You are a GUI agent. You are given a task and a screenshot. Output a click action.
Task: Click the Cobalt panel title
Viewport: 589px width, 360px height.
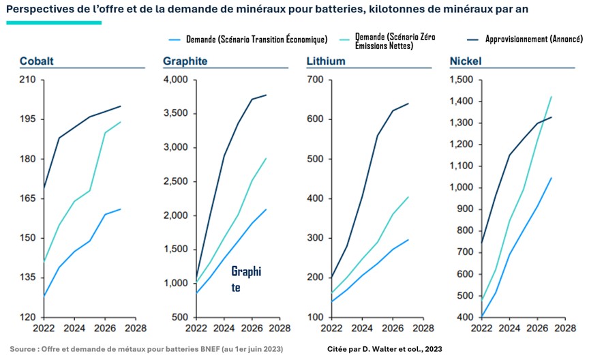pyautogui.click(x=37, y=61)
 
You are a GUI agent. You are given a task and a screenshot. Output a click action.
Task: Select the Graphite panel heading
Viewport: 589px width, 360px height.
pyautogui.click(x=185, y=61)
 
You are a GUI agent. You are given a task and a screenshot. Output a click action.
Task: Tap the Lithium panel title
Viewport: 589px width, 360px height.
pyautogui.click(x=326, y=61)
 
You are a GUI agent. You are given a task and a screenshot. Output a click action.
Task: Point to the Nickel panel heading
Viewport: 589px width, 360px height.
pyautogui.click(x=466, y=61)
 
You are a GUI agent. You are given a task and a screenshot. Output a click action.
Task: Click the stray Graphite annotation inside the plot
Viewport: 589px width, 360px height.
pyautogui.click(x=245, y=279)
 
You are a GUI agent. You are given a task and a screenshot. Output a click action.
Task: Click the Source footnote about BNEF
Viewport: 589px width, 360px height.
pyautogui.click(x=146, y=349)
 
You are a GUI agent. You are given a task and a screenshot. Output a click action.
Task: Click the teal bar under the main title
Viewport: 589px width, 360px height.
pyautogui.click(x=54, y=22)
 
